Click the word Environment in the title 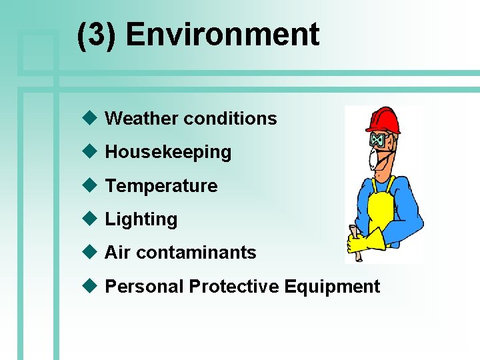(223, 35)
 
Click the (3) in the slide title (97, 35)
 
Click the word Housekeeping (168, 152)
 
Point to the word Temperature (161, 185)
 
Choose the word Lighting (141, 219)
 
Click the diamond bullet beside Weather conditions (89, 118)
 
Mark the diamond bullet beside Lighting (89, 219)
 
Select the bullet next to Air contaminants (89, 252)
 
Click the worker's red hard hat (383, 120)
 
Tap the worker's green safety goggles (379, 141)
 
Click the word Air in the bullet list (117, 253)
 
